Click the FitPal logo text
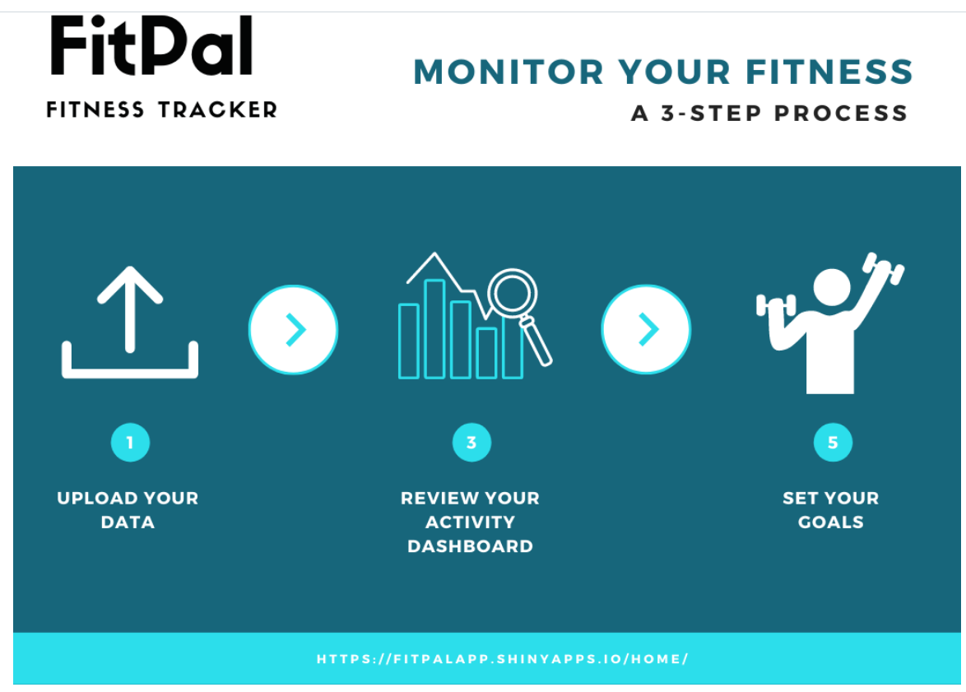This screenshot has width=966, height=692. point(151,47)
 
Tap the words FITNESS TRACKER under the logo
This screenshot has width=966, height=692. point(162,109)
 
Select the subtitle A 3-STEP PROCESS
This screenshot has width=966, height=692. point(769,113)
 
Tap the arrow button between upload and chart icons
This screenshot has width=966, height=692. point(293,330)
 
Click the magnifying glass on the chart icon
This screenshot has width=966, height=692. point(513,295)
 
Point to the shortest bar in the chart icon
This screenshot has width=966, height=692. point(486,353)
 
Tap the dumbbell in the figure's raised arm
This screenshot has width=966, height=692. point(882,269)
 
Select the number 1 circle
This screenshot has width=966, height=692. point(130,444)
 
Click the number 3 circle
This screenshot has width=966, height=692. point(471,444)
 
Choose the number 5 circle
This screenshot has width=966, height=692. point(833,444)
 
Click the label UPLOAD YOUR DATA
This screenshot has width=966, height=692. point(128,509)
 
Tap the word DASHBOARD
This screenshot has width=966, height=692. point(470,546)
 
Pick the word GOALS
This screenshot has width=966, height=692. point(831,522)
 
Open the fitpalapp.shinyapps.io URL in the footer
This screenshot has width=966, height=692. point(502,659)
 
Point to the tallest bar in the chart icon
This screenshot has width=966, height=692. point(434,328)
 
